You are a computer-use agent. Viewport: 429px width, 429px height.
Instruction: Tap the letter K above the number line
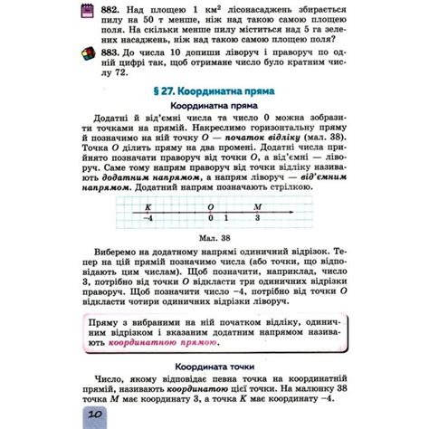[x=148, y=205]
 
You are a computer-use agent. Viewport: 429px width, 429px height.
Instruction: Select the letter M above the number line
[x=258, y=205]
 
